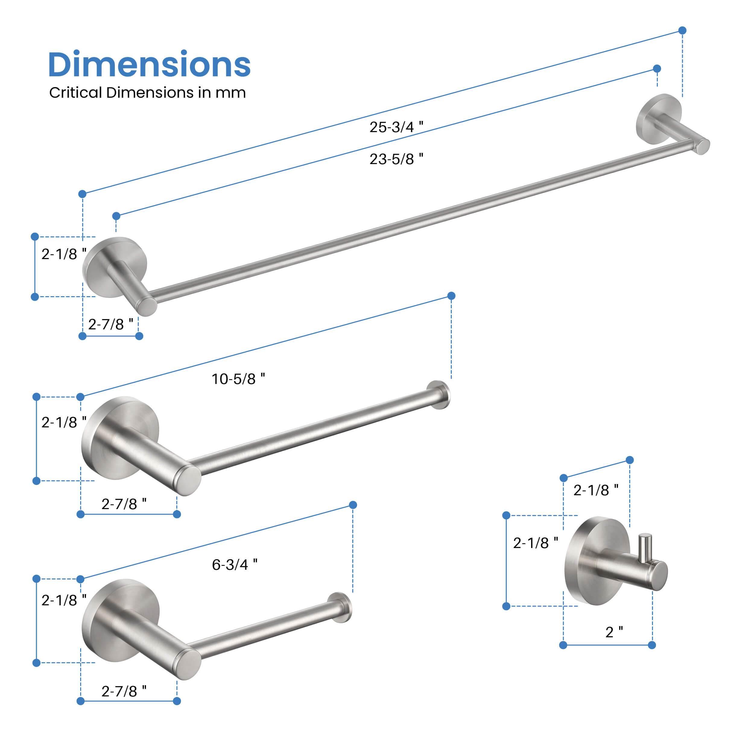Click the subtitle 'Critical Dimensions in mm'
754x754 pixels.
point(147,93)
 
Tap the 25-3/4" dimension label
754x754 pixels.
point(396,127)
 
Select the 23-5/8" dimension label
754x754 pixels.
point(396,159)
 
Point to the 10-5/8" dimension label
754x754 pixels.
point(238,379)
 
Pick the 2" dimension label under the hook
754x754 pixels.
point(614,632)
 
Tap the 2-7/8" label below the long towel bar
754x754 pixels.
point(110,324)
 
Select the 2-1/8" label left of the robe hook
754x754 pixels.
point(535,543)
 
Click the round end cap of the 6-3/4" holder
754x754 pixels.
point(341,608)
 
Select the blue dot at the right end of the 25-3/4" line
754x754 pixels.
point(682,30)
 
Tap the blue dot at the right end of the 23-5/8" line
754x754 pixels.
point(657,69)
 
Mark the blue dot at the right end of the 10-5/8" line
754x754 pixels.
point(451,296)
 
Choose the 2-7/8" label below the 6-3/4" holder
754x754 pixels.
point(124,691)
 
